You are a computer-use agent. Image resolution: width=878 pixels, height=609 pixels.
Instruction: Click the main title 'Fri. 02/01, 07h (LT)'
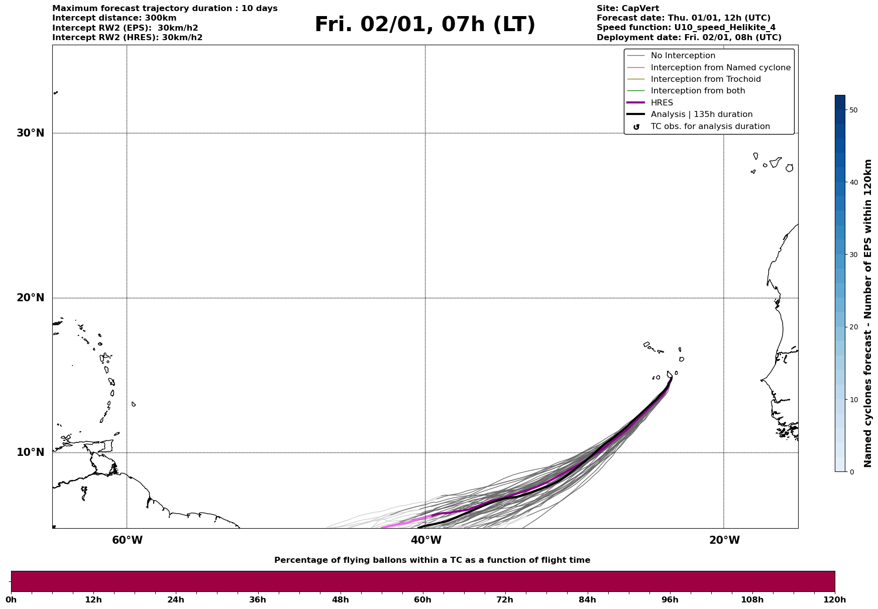tap(425, 25)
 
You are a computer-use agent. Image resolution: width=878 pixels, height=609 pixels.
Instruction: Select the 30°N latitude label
tap(31, 133)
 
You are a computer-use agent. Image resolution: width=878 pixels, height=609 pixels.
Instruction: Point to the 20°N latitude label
tap(31, 298)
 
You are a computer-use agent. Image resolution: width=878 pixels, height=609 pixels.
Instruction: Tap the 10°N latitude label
tap(31, 452)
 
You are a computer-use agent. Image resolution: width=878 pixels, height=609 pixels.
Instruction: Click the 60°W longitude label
tap(127, 540)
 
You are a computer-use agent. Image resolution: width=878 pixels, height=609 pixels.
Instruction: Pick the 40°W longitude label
tap(426, 540)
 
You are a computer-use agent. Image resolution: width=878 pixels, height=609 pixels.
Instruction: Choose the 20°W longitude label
tap(724, 540)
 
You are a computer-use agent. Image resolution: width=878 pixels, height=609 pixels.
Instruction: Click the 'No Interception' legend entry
tap(683, 56)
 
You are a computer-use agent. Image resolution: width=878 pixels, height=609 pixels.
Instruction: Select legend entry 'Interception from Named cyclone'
tap(720, 68)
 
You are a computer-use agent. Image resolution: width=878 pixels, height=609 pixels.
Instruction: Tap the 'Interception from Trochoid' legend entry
tap(705, 79)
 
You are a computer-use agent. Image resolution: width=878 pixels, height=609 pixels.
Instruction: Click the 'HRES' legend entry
tap(662, 103)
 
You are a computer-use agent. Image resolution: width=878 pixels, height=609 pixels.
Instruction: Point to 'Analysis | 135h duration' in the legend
tap(701, 114)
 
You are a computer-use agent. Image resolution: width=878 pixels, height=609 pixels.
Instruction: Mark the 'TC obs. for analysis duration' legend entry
tap(710, 127)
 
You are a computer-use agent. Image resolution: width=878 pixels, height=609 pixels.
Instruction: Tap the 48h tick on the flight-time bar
tap(340, 599)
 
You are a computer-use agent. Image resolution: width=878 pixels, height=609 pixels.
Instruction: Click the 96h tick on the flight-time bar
tap(670, 599)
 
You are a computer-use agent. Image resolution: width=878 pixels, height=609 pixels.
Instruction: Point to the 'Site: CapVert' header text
tap(627, 9)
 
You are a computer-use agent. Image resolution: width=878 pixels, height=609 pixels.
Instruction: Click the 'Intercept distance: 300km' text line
tap(114, 18)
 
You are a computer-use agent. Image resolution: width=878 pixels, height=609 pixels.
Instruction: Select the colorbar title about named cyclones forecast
tap(867, 313)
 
